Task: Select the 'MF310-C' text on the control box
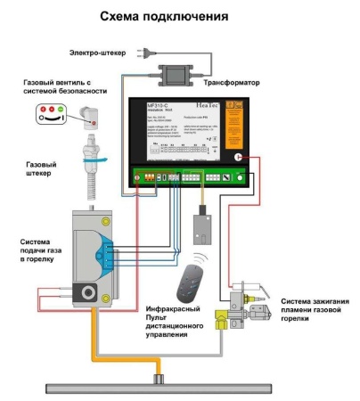161,105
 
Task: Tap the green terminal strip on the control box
187,176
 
